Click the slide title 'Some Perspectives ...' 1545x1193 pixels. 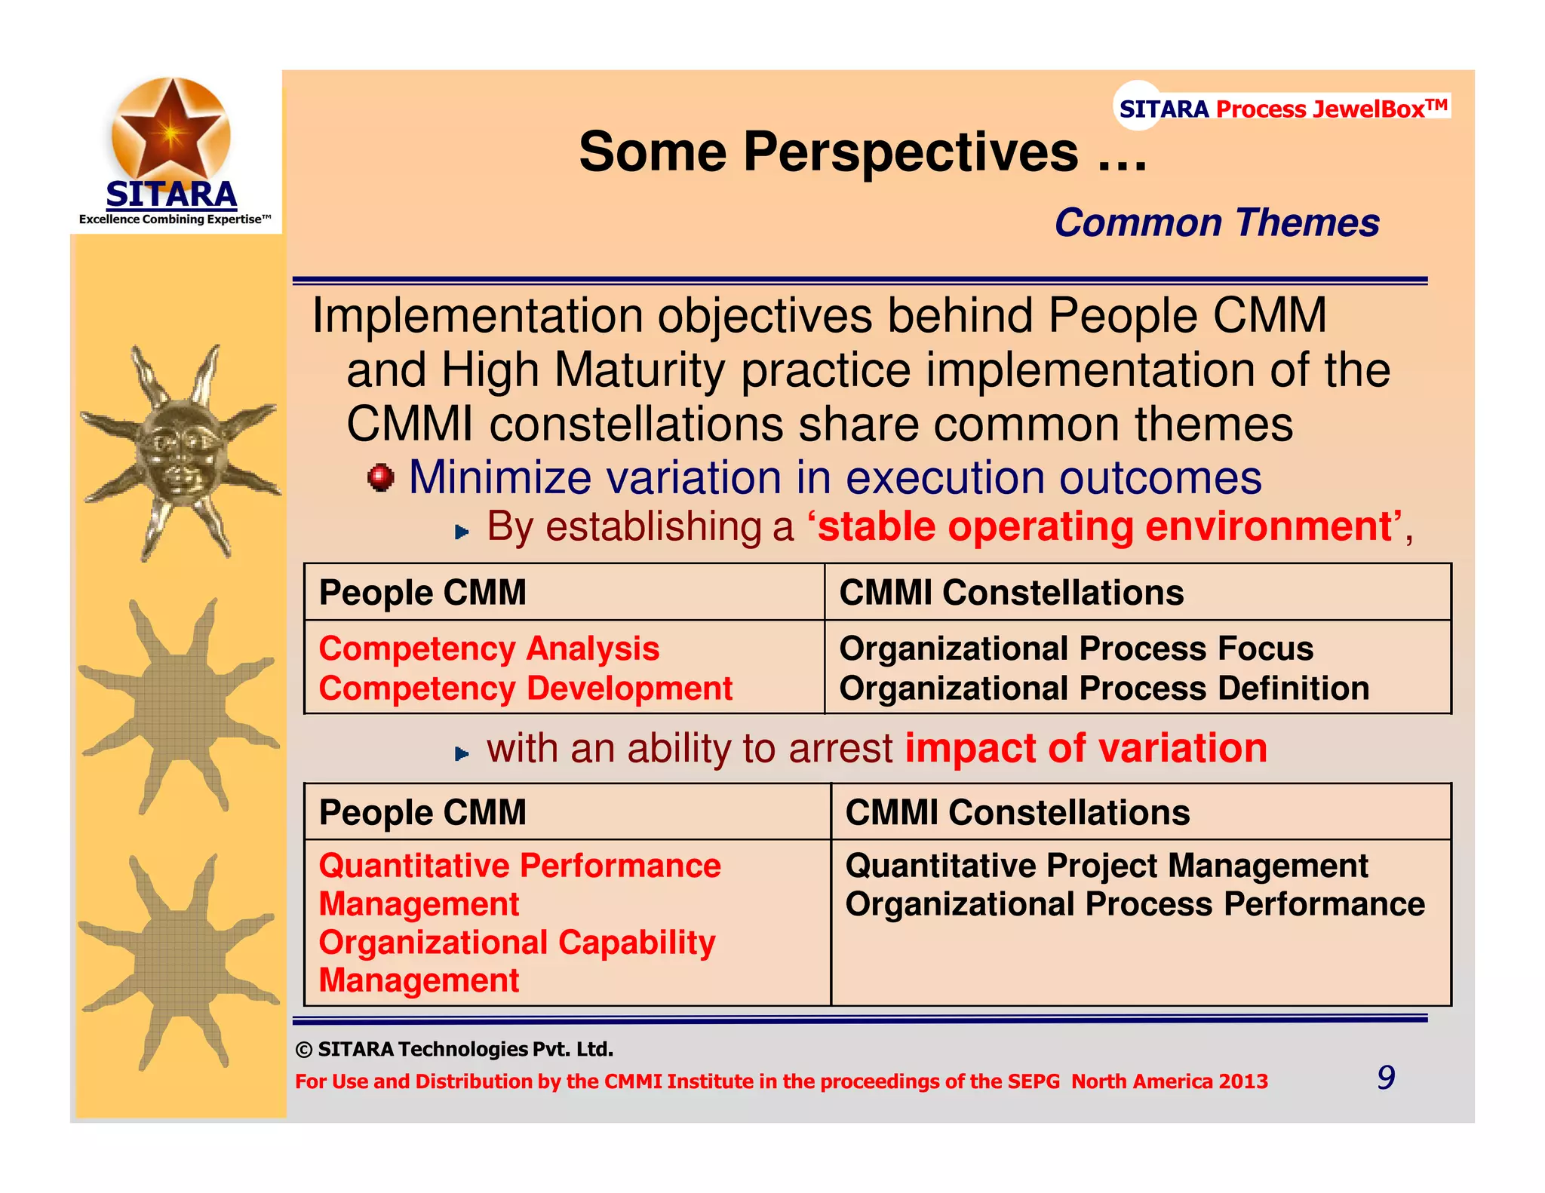pos(862,152)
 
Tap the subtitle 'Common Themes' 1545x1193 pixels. pos(1217,223)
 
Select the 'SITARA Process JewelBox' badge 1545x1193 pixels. pos(1282,109)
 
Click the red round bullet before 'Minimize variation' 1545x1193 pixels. pos(381,477)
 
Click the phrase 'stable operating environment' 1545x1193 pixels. pos(1104,526)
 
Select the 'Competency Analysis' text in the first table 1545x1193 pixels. pos(489,649)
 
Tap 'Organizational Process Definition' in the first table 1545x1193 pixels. pos(1104,689)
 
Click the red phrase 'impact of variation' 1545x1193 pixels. pos(1086,748)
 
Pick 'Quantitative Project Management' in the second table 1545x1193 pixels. pos(1106,866)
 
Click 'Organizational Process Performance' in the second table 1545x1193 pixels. pos(1135,904)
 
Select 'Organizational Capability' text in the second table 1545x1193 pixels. pos(517,943)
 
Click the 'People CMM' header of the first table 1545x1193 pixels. pos(422,593)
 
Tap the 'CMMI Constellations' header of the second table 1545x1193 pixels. pos(1017,813)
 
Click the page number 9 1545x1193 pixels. pos(1386,1078)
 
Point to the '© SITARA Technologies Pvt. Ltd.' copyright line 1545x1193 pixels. pos(454,1049)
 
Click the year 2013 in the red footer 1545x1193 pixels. pos(1243,1081)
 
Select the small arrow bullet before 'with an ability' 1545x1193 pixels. pos(462,753)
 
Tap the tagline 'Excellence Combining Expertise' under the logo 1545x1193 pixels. pos(174,219)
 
